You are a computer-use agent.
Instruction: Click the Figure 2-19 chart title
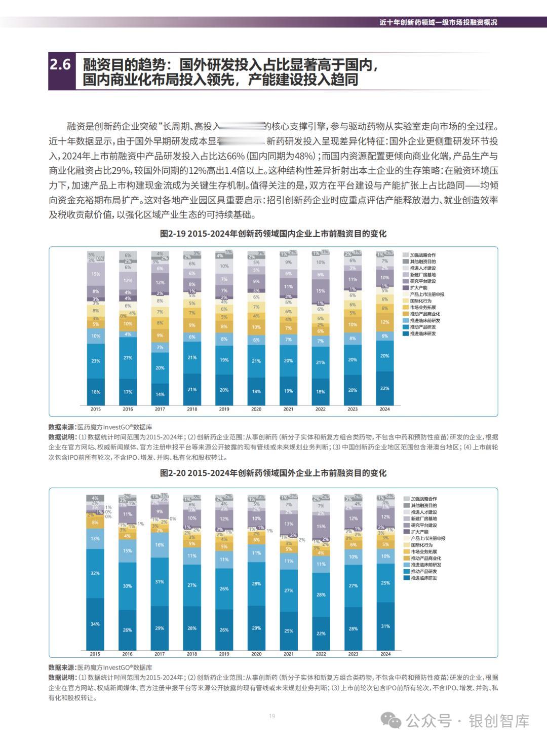273,234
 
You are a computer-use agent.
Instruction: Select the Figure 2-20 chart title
273,473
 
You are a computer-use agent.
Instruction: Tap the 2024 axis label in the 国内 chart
385,409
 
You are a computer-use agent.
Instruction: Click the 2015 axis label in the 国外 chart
95,654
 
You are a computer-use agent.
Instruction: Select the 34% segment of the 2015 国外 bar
95,624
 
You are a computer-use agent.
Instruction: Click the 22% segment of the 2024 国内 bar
385,388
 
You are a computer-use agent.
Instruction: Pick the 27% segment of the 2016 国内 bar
128,358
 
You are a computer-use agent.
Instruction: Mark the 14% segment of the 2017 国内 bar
160,394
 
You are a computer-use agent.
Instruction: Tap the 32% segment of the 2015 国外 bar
95,573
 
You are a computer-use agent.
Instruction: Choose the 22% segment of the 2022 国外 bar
321,634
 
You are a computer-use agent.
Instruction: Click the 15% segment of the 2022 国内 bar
321,291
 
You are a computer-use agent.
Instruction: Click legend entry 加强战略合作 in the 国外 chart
423,499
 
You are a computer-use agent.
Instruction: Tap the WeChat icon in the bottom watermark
390,720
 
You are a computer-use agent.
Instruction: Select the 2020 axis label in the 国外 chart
256,654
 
